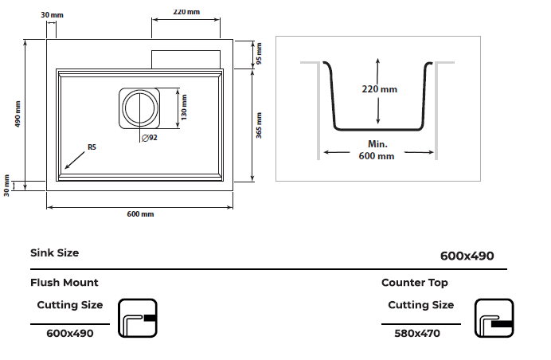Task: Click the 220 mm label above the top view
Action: (x=186, y=12)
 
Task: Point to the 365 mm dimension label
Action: (x=260, y=123)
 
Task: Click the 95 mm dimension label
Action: (x=260, y=53)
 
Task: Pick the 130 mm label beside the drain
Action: (x=183, y=108)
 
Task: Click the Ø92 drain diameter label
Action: (x=149, y=138)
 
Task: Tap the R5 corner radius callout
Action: (x=92, y=147)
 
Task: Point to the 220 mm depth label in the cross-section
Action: (x=379, y=89)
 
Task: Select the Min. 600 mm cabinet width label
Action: (x=377, y=150)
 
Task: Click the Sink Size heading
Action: (x=55, y=252)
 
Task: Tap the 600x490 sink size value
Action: (x=467, y=256)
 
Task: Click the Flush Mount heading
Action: (x=64, y=282)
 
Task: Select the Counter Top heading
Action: (x=415, y=282)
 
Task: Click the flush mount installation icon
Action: (x=138, y=319)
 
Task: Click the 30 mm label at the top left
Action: (x=52, y=15)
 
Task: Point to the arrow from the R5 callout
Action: (x=76, y=158)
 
